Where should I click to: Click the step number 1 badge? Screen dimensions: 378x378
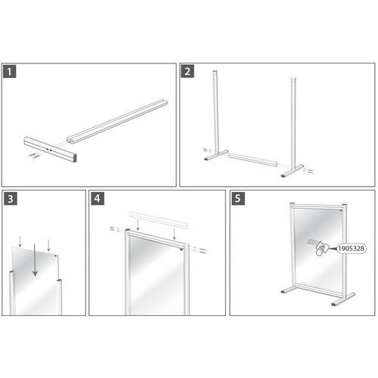10,72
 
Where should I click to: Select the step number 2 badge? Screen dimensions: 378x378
187,71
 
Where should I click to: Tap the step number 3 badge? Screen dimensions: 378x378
11,199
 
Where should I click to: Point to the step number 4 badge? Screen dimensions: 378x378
98,199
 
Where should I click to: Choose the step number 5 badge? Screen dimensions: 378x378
238,199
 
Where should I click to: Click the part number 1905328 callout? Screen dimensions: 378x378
352,249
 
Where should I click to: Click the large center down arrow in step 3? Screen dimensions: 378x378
35,259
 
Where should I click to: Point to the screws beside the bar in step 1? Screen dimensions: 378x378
34,155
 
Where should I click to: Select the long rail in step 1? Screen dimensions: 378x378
117,122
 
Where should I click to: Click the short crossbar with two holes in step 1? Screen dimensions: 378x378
51,149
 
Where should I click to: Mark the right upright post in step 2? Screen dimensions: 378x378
293,122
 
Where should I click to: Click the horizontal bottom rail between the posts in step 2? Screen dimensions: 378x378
253,160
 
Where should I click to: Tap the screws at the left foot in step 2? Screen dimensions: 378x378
207,150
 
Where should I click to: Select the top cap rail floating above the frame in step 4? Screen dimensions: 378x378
159,220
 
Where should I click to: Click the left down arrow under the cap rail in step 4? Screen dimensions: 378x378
138,225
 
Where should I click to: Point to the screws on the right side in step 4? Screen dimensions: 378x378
199,249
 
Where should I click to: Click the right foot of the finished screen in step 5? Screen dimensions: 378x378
343,299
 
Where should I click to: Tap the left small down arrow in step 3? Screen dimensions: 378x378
20,241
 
